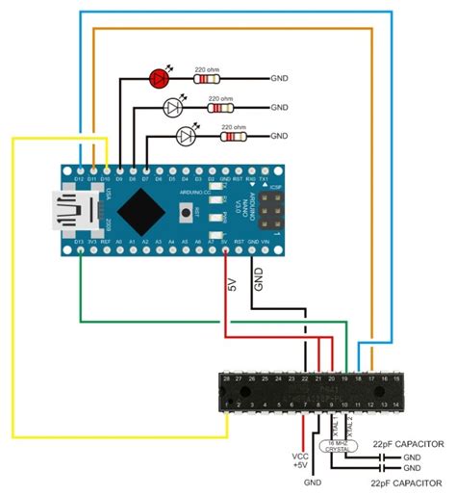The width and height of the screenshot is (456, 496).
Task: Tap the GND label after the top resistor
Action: (x=281, y=79)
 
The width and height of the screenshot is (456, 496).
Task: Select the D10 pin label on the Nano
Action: (x=105, y=179)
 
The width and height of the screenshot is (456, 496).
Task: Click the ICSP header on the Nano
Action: (x=272, y=206)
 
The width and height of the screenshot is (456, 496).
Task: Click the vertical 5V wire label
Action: (x=231, y=285)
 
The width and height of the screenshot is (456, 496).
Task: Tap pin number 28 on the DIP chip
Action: (x=228, y=379)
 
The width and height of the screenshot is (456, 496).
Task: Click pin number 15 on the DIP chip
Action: (x=396, y=379)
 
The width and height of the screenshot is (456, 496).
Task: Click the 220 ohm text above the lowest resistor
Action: (x=233, y=126)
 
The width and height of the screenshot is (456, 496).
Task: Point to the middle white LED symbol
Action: (x=174, y=106)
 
